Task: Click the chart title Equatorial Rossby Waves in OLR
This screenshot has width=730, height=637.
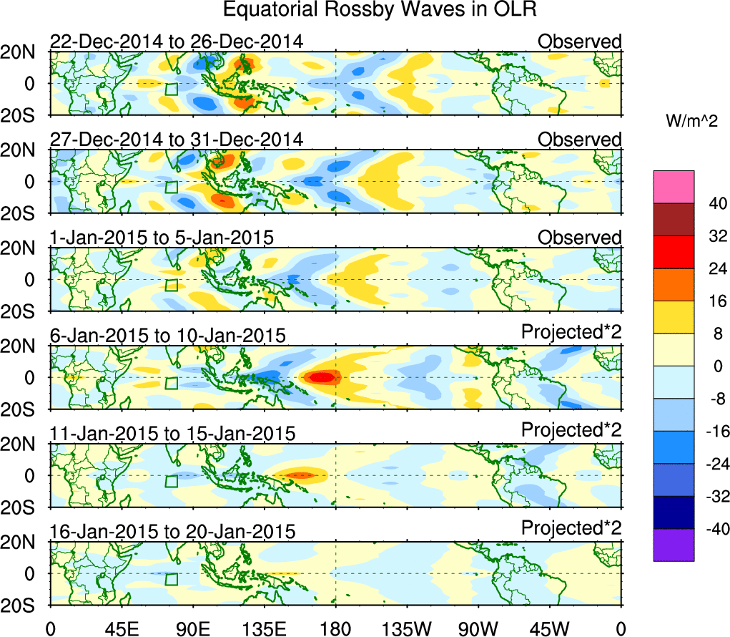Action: click(379, 10)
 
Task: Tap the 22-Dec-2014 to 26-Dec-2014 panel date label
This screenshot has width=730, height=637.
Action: click(177, 42)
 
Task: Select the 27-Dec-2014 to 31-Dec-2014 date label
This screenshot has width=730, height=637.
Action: click(177, 140)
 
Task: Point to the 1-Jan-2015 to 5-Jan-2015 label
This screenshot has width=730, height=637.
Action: click(162, 238)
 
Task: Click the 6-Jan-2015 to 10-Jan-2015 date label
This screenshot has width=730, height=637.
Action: click(168, 335)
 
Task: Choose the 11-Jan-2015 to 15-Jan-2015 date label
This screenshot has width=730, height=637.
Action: click(172, 433)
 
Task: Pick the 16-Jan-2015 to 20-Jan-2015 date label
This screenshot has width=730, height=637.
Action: click(172, 531)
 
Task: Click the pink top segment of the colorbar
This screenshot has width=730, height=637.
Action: click(674, 187)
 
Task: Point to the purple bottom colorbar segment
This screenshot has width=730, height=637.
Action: click(674, 545)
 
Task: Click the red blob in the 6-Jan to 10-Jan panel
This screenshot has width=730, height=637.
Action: click(322, 376)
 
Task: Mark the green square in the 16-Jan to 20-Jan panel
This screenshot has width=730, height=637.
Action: click(171, 579)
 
